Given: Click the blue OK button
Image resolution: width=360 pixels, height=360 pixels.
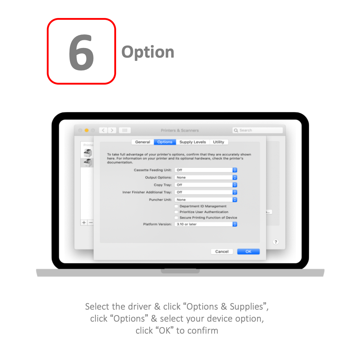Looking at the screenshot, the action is (x=248, y=251).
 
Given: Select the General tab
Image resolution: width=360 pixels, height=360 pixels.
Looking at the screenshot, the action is (x=142, y=142).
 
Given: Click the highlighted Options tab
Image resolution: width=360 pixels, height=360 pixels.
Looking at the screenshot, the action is (x=165, y=142).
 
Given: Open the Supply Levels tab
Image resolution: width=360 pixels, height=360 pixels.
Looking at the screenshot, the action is (x=192, y=142).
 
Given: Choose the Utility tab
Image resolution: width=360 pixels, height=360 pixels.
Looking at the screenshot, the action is (x=218, y=142).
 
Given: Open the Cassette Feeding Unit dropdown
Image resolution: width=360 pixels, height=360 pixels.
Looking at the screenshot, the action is (x=206, y=170).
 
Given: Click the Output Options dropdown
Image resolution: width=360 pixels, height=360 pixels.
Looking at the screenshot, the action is (x=206, y=177).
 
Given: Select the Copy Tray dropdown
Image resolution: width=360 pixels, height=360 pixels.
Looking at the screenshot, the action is (x=206, y=185).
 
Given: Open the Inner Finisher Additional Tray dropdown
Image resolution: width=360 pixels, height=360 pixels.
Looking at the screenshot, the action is (x=206, y=192).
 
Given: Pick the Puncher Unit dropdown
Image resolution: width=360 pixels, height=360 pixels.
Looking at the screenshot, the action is (x=206, y=199).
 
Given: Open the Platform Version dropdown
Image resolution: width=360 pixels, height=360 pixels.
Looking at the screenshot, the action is (x=206, y=224).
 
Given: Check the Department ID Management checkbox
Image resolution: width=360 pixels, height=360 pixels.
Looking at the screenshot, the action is (x=176, y=206).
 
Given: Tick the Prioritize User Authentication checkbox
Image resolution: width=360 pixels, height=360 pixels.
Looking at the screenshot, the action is (x=176, y=212).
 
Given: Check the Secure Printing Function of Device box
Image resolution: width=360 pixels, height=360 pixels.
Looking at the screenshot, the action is (x=176, y=217).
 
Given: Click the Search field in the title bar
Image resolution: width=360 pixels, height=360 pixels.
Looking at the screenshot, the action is (x=257, y=130).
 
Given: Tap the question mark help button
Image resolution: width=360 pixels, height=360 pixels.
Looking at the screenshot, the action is (x=276, y=242).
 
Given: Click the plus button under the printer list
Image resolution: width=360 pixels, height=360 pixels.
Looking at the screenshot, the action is (x=84, y=223).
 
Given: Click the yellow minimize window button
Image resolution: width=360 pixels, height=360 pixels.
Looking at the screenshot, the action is (x=86, y=130).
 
